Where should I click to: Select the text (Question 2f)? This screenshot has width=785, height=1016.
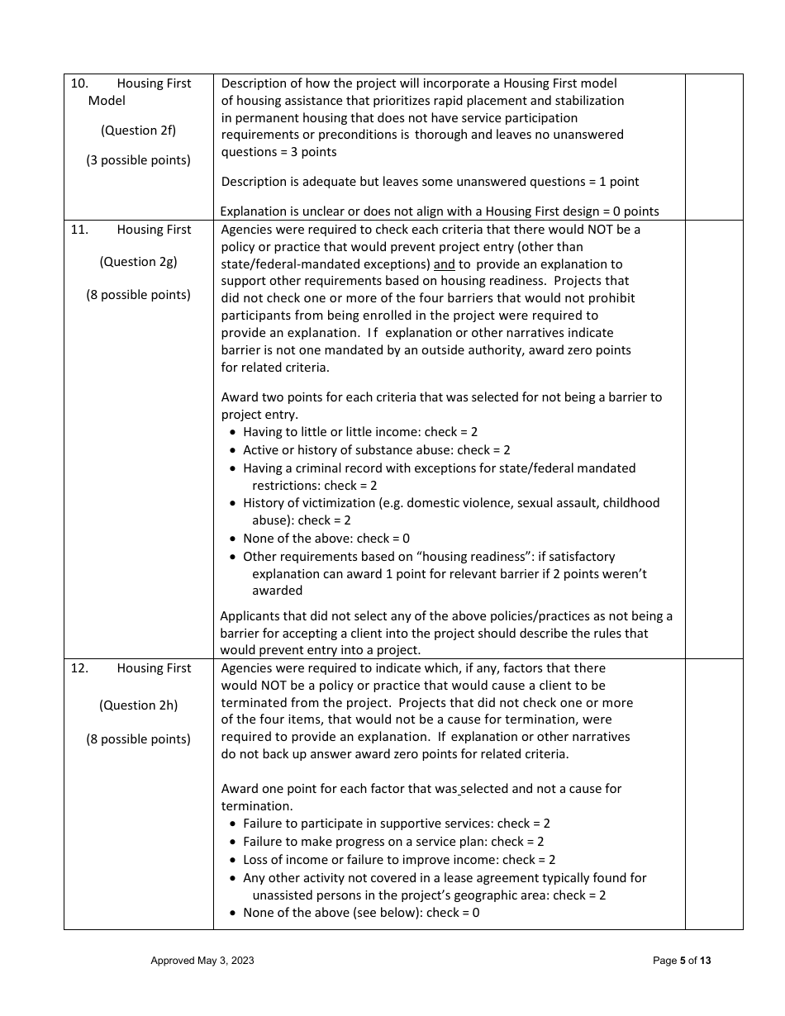point(138,131)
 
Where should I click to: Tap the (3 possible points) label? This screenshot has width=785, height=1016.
point(138,160)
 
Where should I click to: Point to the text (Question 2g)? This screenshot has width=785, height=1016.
point(138,262)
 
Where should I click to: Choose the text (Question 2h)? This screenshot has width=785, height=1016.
point(138,705)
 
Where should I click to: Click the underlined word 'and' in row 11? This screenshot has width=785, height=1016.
point(444,264)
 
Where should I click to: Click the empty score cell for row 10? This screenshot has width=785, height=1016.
point(713,147)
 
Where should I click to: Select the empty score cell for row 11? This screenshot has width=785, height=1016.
point(713,439)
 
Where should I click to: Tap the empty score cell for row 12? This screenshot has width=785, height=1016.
point(713,793)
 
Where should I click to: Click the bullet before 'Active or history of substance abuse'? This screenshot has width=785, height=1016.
point(233,450)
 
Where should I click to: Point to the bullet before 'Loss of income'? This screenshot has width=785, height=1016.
point(233,860)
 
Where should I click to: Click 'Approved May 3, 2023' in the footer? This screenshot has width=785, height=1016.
point(202,961)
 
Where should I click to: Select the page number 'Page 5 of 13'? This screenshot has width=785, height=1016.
point(681,961)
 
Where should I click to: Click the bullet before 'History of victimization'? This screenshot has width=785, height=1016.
point(233,503)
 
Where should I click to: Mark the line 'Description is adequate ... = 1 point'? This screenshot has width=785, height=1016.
point(430,182)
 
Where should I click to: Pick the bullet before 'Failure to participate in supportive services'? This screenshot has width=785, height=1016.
point(233,824)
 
